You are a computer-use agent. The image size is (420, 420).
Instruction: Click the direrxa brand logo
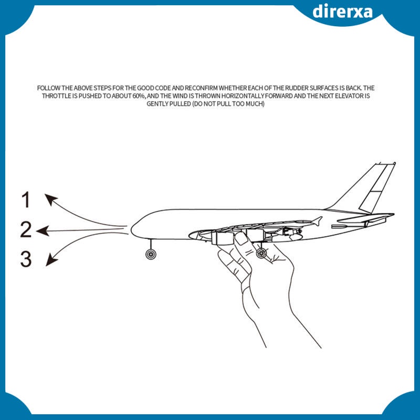click(342, 12)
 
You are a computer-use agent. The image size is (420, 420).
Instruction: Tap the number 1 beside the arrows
click(26, 199)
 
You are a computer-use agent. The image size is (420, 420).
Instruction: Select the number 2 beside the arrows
click(26, 229)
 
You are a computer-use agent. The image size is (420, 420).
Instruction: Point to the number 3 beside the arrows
click(26, 259)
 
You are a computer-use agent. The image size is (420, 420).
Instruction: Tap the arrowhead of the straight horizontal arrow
click(43, 230)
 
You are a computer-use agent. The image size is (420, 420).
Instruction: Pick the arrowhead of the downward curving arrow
click(51, 260)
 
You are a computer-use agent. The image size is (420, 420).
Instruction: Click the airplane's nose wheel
click(151, 254)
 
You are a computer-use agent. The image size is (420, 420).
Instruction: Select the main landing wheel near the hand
click(261, 253)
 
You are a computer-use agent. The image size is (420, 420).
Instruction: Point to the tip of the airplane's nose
click(131, 229)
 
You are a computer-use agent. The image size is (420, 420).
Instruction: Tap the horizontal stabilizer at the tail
click(365, 218)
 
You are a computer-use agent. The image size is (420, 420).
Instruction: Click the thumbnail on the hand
click(242, 238)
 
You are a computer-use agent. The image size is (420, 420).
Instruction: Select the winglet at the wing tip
click(317, 221)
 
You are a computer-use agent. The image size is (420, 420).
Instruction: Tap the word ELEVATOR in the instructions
click(348, 96)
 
